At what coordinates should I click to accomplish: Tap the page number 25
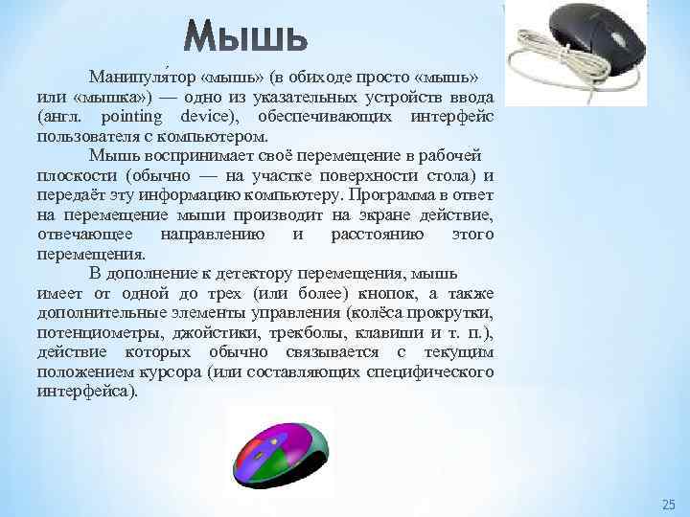[x=668, y=504]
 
